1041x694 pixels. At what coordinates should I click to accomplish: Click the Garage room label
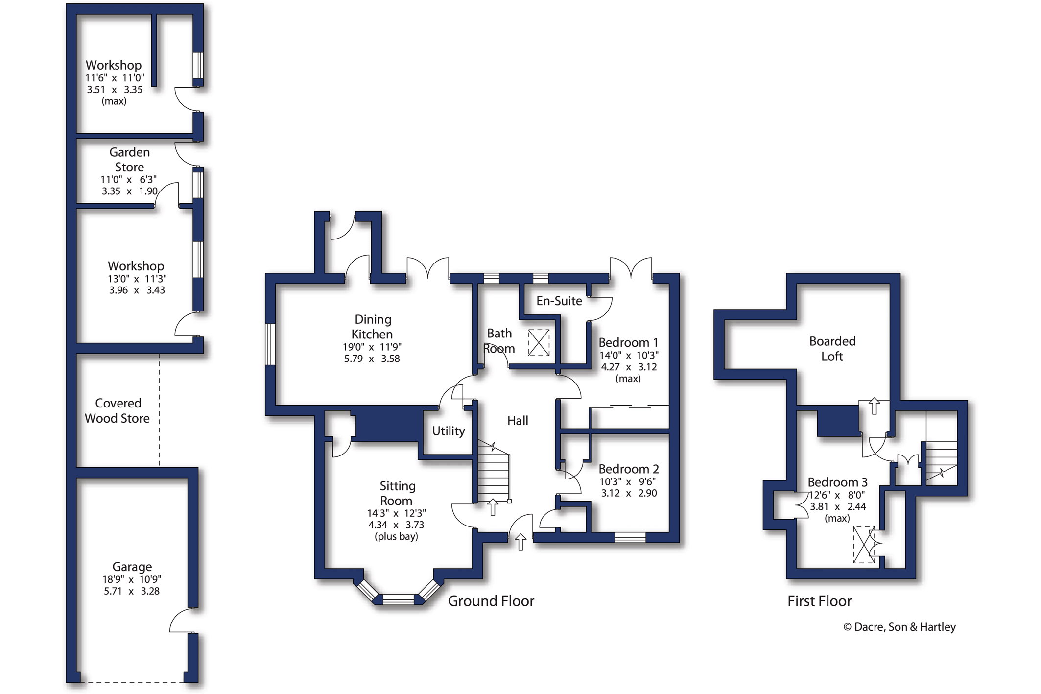click(132, 567)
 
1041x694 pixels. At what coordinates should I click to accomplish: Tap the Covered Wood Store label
click(118, 410)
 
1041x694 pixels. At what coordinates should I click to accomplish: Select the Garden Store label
click(129, 160)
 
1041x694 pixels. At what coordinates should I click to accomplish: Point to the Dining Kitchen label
click(372, 327)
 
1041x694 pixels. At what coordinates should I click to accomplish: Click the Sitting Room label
click(397, 493)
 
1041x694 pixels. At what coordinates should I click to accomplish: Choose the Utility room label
click(448, 431)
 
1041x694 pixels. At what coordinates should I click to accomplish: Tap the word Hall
click(518, 421)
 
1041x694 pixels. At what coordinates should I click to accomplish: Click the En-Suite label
click(559, 301)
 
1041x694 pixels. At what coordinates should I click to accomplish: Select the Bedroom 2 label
click(629, 469)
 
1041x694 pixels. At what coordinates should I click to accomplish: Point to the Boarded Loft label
click(832, 349)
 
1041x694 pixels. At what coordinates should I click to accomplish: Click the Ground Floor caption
click(491, 601)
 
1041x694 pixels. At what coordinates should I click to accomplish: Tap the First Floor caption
click(819, 601)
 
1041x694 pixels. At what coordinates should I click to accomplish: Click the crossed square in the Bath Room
click(539, 342)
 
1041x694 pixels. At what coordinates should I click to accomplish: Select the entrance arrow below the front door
click(520, 542)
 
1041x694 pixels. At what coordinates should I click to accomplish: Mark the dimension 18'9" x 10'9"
click(132, 579)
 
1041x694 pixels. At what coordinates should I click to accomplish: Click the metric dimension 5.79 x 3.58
click(372, 359)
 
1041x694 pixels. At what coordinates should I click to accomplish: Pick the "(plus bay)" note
click(396, 536)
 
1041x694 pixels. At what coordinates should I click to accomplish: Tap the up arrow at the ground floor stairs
click(493, 507)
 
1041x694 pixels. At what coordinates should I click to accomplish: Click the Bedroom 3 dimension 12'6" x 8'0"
click(837, 495)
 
